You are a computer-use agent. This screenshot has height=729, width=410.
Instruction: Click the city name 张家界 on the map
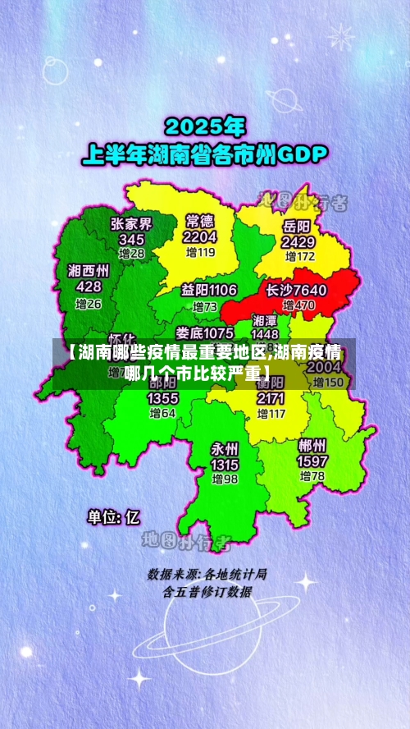(x=131, y=223)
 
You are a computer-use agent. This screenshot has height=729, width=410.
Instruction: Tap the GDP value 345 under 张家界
(x=131, y=239)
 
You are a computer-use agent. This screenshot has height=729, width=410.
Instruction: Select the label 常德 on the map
(x=200, y=220)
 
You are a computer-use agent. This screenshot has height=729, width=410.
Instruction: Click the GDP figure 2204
(x=200, y=236)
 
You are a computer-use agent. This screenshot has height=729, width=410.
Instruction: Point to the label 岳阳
(x=297, y=226)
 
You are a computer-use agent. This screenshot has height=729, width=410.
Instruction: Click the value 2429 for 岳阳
(x=298, y=242)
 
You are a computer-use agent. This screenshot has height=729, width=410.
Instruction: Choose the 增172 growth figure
(x=298, y=256)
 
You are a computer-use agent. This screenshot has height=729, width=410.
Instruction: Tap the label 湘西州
(x=89, y=270)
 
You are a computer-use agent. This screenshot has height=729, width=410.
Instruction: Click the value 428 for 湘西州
(x=89, y=287)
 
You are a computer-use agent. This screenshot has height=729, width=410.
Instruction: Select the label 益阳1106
(x=209, y=290)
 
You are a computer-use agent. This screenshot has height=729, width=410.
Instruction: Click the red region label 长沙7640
(x=296, y=290)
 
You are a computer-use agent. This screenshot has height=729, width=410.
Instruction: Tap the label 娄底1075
(x=204, y=332)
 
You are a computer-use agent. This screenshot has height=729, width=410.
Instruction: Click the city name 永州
(x=224, y=448)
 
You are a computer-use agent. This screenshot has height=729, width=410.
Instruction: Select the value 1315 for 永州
(x=224, y=465)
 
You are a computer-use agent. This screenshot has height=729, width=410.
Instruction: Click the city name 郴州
(x=312, y=446)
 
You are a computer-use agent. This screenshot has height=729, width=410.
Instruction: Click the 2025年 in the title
(x=205, y=126)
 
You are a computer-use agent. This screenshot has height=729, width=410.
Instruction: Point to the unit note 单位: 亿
(x=114, y=516)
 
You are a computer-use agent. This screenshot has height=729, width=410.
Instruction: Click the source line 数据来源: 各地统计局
(x=207, y=574)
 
